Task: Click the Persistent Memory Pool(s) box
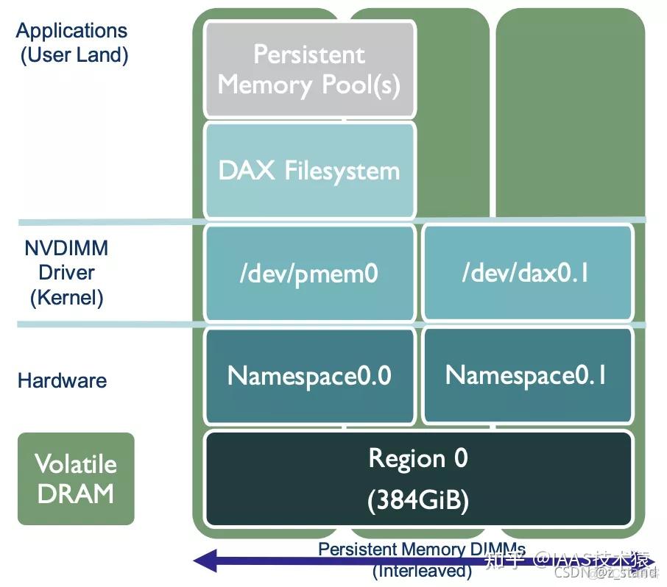(x=309, y=70)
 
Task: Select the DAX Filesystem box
(x=309, y=171)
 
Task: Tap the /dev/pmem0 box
(x=309, y=274)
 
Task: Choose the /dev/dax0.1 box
(x=528, y=274)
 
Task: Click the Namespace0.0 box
(x=309, y=376)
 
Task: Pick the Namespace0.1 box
(x=528, y=376)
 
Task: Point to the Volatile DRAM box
(x=76, y=479)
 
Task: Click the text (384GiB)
(x=417, y=501)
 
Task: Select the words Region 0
(x=417, y=459)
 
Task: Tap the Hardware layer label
(x=62, y=380)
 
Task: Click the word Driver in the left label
(x=66, y=273)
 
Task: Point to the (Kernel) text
(x=66, y=298)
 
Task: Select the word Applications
(x=71, y=31)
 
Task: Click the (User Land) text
(x=74, y=55)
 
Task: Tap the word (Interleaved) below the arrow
(x=422, y=571)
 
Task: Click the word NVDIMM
(x=66, y=248)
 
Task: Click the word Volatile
(x=76, y=464)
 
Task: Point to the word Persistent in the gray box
(x=309, y=54)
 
